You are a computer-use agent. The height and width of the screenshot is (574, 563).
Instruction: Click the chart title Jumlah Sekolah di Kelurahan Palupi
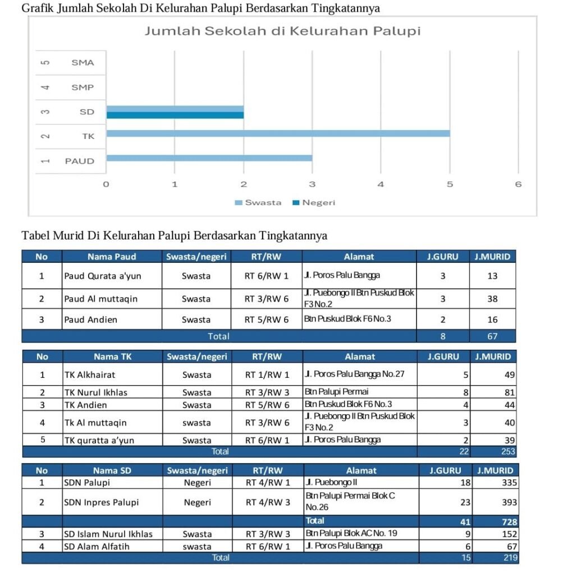point(282,31)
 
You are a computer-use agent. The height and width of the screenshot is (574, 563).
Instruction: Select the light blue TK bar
point(278,133)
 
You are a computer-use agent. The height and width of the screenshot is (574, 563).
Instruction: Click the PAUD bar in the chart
point(209,158)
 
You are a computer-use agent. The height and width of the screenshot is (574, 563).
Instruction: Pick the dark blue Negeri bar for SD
point(175,115)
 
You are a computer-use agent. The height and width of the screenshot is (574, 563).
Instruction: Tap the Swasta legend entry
point(258,202)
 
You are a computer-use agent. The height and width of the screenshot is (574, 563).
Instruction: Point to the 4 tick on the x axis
point(381,184)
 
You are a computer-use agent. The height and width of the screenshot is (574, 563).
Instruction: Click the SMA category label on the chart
point(83,63)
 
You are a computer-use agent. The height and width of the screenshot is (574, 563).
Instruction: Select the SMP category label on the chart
point(83,87)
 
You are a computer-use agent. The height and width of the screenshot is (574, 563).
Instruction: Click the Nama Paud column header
point(112,257)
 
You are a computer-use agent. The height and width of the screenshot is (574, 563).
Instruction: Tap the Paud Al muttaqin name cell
point(100,299)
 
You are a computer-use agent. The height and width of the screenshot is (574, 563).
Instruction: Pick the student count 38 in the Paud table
point(492,299)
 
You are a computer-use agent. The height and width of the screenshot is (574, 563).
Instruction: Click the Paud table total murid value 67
point(492,336)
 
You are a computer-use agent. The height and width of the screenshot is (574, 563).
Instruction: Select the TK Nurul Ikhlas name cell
point(96,392)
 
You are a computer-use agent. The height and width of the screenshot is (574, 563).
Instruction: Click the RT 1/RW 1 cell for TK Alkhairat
point(267,374)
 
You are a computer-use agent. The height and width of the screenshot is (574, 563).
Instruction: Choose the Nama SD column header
point(112,470)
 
